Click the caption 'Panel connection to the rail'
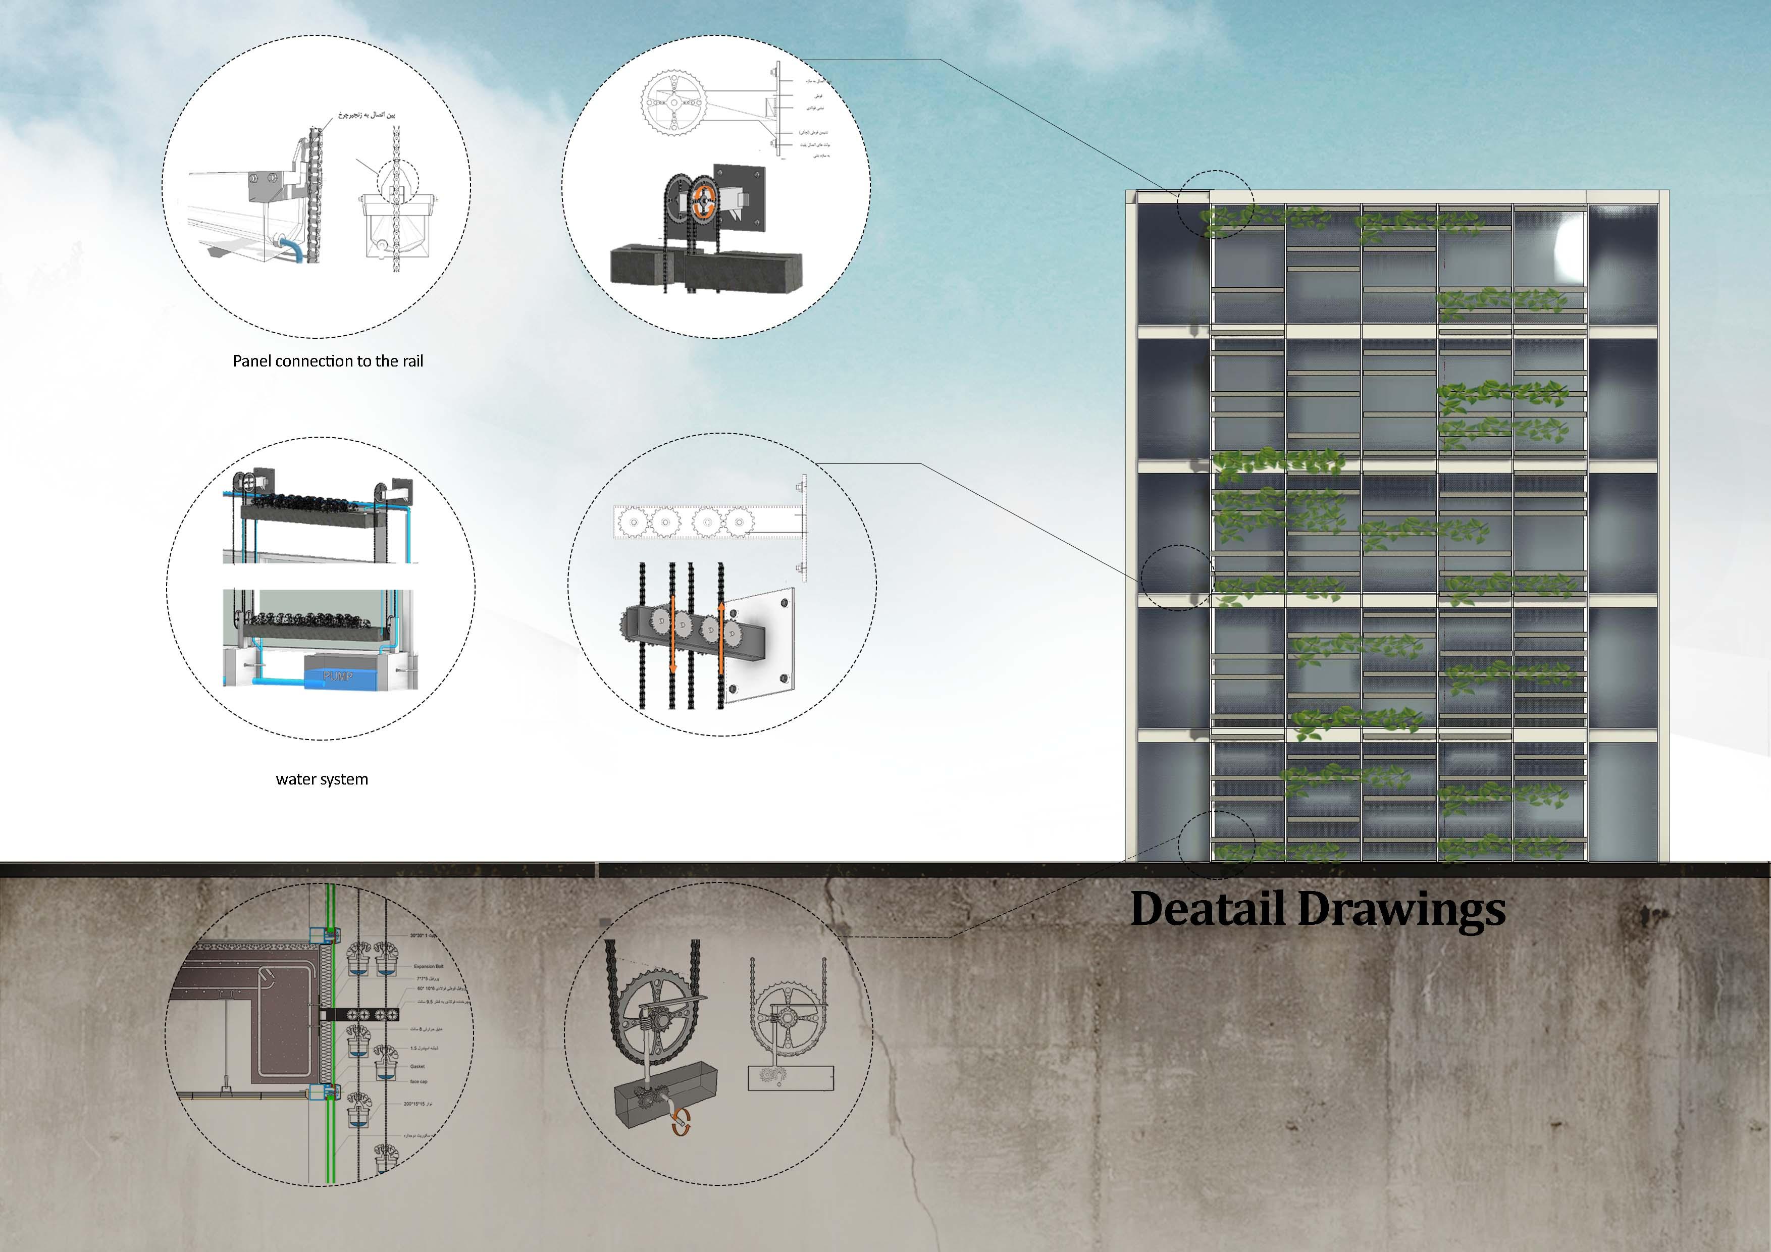pos(328,361)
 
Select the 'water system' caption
pos(322,779)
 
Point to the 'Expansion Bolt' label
pos(428,966)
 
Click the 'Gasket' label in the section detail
pos(418,1066)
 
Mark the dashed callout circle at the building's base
pos(1216,846)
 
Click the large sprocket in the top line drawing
pos(672,104)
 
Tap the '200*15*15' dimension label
pos(418,1104)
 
